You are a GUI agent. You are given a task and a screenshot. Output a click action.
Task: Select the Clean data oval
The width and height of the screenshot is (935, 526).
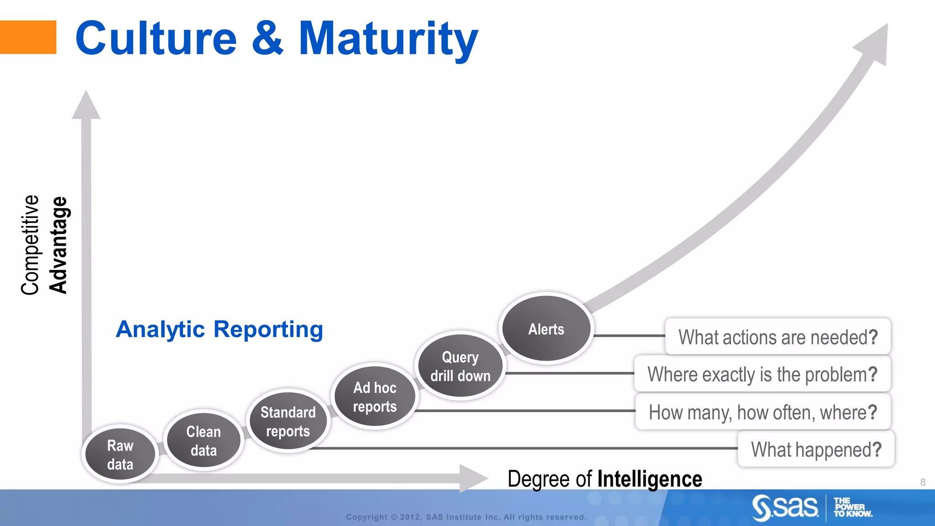point(204,441)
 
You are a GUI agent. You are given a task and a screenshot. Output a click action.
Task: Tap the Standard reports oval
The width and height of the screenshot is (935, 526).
point(288,421)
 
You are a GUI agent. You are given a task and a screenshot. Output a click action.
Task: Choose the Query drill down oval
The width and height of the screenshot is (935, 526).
point(460,366)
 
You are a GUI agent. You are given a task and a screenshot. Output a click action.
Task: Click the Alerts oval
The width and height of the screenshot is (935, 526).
point(546,329)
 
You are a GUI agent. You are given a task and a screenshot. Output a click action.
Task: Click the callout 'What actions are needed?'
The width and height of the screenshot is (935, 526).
point(777,337)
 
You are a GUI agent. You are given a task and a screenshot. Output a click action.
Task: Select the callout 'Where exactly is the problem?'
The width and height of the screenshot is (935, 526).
point(762,374)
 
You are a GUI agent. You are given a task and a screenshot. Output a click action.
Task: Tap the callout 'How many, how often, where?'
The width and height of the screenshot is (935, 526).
point(762,412)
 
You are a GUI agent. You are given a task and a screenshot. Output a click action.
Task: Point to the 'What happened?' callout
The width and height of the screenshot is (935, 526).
point(816,449)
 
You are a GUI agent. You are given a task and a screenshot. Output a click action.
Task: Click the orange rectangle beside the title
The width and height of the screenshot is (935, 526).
point(28,37)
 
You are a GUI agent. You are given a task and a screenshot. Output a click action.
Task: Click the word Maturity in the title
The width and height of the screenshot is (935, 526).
point(388,39)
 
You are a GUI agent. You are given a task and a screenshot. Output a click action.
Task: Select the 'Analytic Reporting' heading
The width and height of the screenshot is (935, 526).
point(219,329)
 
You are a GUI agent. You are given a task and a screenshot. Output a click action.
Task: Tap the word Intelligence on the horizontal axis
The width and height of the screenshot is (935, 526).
point(649,479)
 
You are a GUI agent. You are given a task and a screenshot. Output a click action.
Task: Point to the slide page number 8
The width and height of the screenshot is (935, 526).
point(923,482)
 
